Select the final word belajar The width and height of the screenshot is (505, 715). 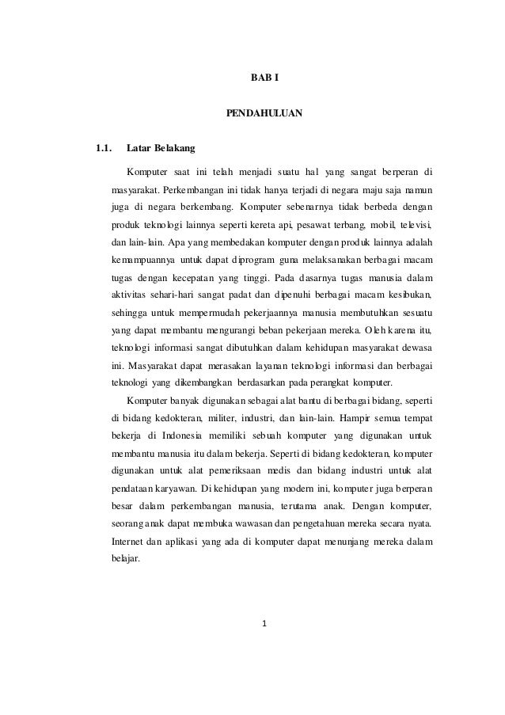(x=126, y=557)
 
